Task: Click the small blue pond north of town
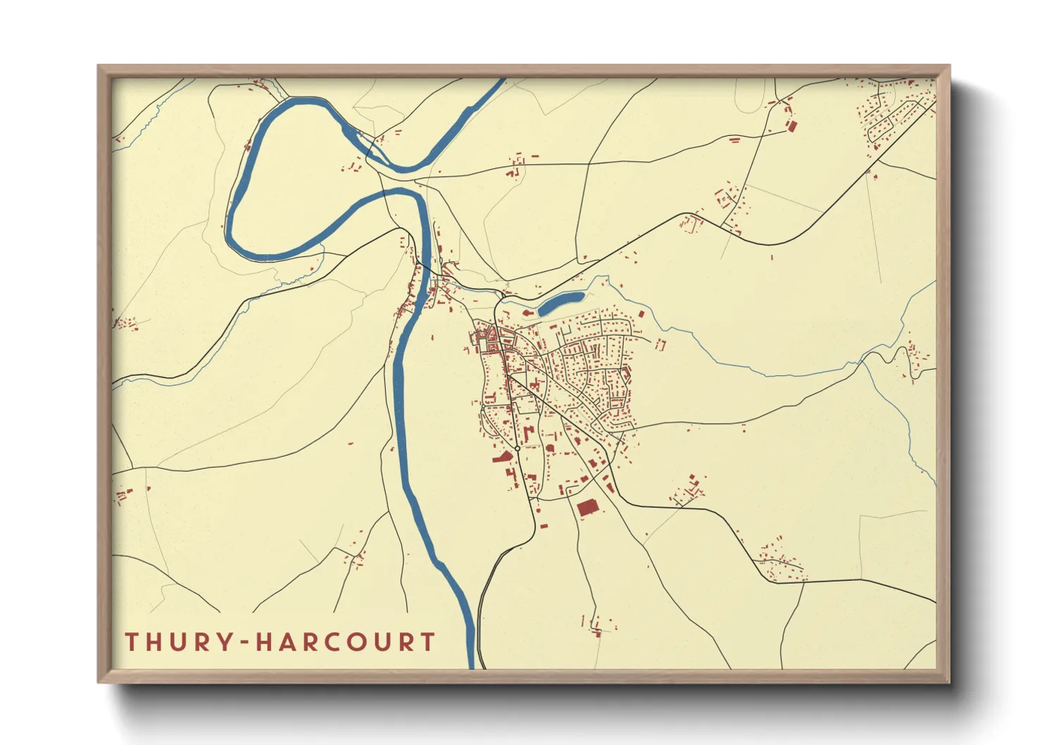point(561,303)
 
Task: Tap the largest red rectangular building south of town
point(586,508)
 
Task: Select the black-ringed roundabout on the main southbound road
point(517,449)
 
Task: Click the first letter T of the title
point(132,641)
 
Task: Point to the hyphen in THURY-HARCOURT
point(243,642)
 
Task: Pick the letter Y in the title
point(224,641)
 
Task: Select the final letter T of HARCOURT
point(427,641)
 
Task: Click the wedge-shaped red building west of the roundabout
point(501,458)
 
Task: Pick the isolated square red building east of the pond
point(641,314)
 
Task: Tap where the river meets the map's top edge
point(501,80)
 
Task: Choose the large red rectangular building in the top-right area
point(791,127)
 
